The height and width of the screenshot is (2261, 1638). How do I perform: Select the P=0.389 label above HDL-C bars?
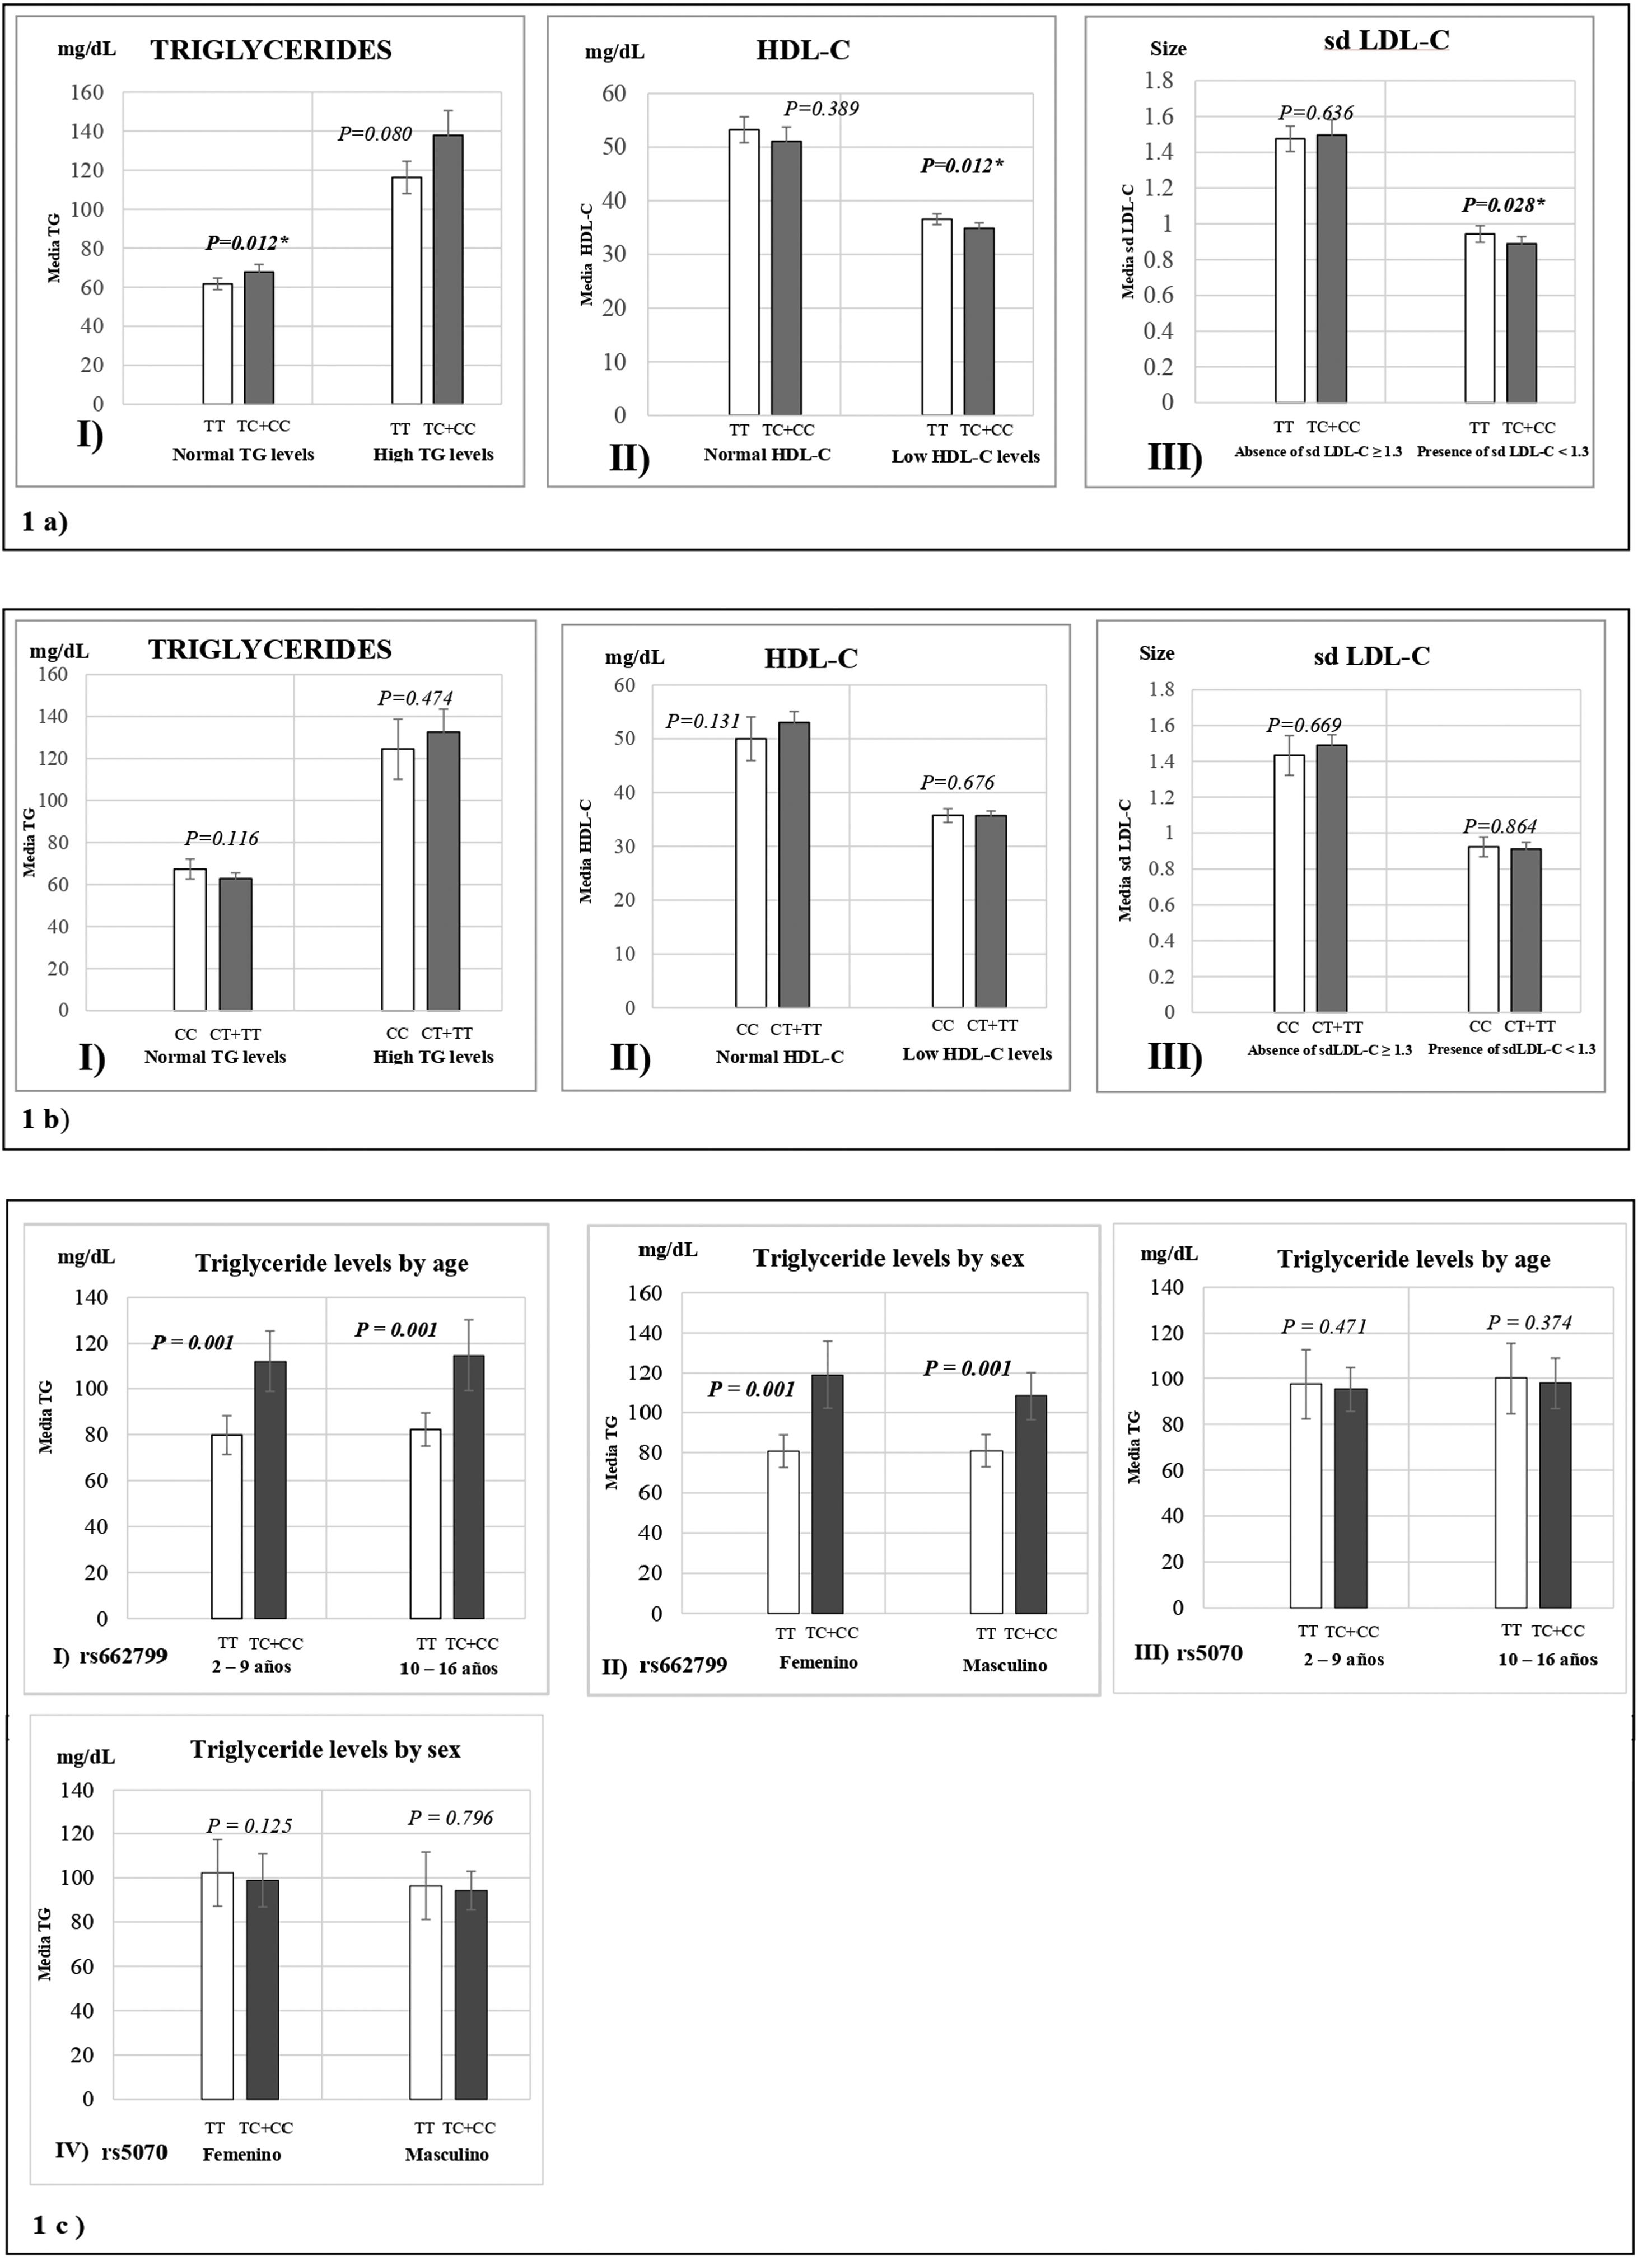820,109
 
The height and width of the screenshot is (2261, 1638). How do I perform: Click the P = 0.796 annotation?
451,1818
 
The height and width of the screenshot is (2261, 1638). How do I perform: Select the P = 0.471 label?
1324,1326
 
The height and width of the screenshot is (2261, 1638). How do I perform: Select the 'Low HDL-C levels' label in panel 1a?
965,456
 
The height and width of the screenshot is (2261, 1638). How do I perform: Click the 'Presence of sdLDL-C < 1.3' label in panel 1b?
1511,1050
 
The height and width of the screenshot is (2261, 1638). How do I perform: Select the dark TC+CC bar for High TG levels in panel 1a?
447,269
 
